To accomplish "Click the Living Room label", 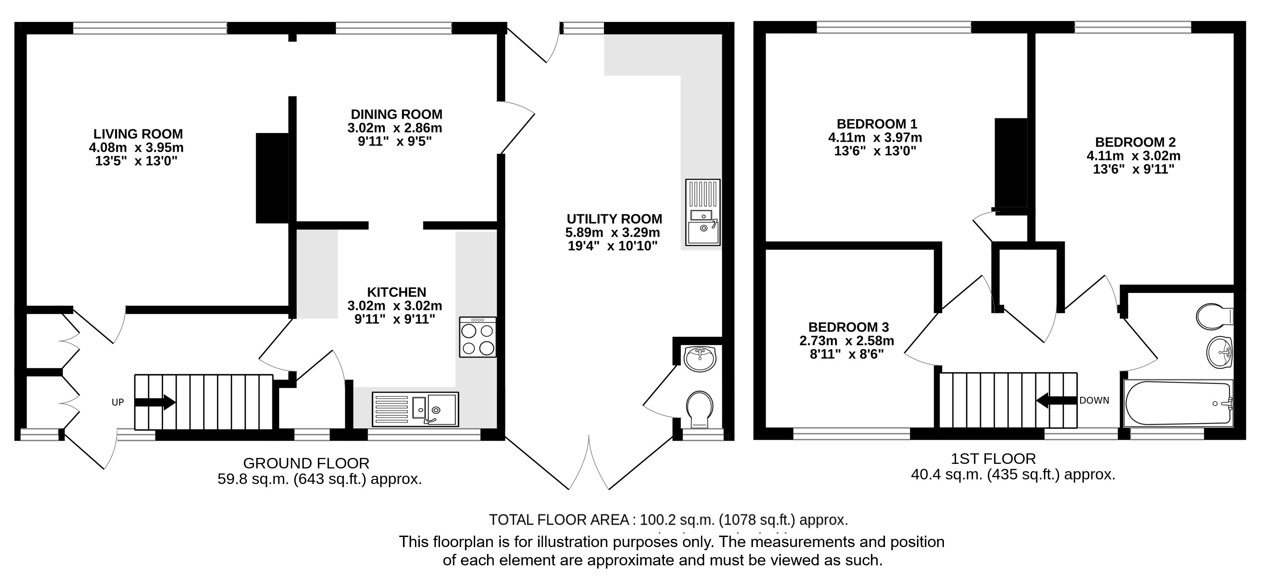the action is [x=138, y=134].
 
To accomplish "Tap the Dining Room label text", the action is [x=397, y=114].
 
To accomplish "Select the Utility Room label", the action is [x=614, y=219].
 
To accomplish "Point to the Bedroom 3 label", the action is [x=848, y=327].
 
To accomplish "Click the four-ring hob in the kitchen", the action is [x=478, y=337].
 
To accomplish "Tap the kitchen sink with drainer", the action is [x=415, y=409].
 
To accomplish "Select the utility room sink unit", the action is [x=703, y=212].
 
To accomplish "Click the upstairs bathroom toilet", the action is [x=1214, y=316].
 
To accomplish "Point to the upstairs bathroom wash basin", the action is [x=1219, y=352].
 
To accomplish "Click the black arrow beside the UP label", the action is [x=155, y=402].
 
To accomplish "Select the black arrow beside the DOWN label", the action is [x=1057, y=401].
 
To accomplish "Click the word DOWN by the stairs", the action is [x=1095, y=401].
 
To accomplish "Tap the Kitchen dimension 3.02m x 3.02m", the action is [x=395, y=306].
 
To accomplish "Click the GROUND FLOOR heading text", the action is [x=306, y=463].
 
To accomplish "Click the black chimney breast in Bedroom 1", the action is [x=1011, y=163].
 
